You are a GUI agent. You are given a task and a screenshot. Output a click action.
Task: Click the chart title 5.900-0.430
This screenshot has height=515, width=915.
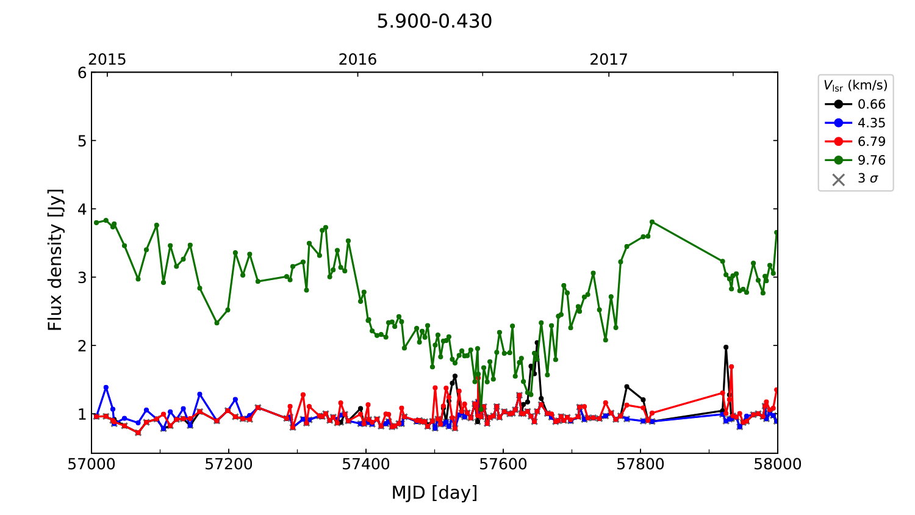coord(434,21)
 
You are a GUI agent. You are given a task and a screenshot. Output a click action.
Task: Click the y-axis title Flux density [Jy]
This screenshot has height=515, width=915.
coord(56,259)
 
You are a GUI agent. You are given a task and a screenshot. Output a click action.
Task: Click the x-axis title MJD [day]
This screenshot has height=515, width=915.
coord(434,492)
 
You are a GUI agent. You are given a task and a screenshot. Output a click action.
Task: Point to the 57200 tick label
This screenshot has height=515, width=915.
coord(229,464)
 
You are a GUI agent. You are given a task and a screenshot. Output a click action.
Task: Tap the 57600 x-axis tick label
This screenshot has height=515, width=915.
coord(503,464)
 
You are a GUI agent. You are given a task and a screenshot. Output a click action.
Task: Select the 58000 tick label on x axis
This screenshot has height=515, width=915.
coord(777,464)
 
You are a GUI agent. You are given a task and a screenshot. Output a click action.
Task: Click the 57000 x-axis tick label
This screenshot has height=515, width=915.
coord(91,464)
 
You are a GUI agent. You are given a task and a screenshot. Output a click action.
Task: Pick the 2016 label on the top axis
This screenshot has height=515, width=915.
coord(357,59)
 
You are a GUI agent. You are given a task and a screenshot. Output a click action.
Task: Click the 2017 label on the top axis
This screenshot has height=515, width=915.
coord(608,59)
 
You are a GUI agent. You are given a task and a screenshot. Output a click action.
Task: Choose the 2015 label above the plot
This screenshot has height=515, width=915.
coord(107,59)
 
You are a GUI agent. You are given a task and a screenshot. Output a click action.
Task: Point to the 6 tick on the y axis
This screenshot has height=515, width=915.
coord(82,73)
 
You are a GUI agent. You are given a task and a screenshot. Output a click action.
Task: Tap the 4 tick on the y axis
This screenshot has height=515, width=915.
coord(82,209)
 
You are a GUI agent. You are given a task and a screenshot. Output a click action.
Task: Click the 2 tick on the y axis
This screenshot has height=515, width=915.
coord(82,346)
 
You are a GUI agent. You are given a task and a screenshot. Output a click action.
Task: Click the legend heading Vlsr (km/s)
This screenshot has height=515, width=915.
coord(855,85)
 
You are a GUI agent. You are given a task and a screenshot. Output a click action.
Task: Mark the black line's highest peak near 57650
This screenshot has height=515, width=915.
coord(537,343)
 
